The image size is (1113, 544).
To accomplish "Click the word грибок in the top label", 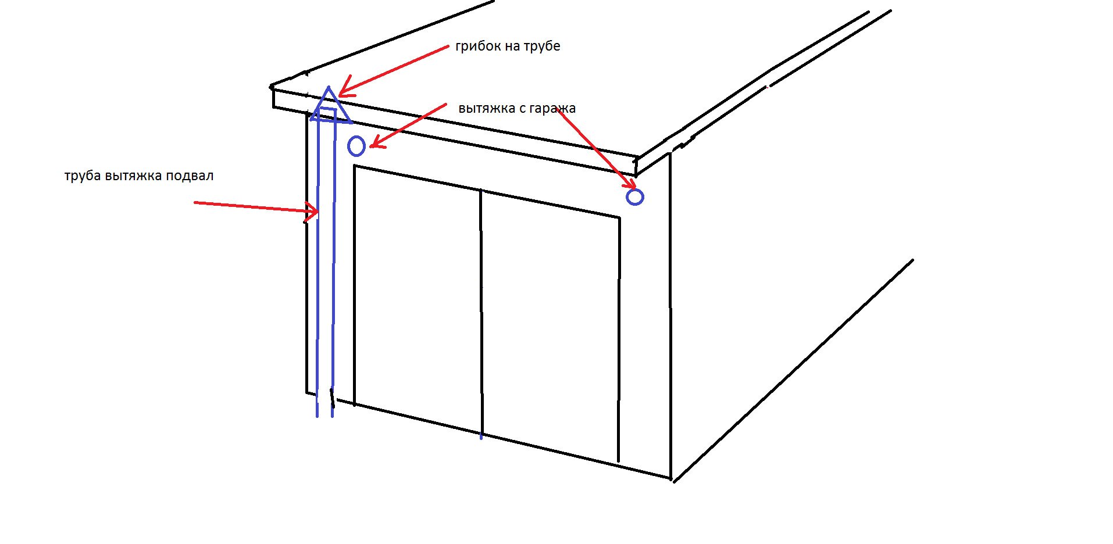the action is coord(478,46).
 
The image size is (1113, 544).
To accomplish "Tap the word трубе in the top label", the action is coord(541,46).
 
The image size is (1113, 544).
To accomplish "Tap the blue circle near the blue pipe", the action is coord(356,146).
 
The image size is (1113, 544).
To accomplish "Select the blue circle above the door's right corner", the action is coord(635,197).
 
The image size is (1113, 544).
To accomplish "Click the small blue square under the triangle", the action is coord(327,115).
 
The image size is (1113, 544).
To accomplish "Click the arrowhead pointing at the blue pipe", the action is coord(312,212).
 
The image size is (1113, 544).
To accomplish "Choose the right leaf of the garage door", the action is coord(550,325).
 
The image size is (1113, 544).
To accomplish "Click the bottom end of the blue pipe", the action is coord(324,416).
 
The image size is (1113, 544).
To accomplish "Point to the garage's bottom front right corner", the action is coord(672,479).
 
